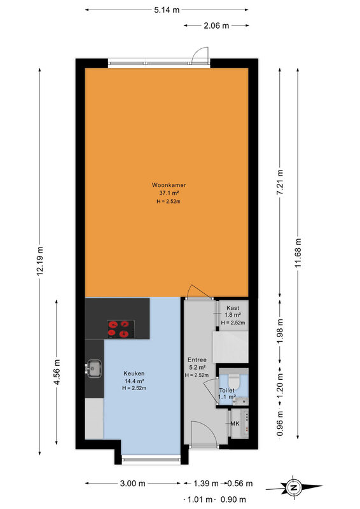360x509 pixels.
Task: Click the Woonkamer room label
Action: [169, 185]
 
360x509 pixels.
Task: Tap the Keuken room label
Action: [134, 373]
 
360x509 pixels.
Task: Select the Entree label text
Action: [197, 359]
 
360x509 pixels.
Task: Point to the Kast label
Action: [233, 308]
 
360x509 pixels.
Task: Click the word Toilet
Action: [227, 391]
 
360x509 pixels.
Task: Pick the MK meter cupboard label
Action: [235, 424]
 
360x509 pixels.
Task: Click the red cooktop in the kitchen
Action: [121, 329]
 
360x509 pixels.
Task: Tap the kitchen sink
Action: [93, 368]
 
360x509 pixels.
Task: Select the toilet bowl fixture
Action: [233, 380]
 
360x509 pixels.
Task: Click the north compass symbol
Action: [294, 487]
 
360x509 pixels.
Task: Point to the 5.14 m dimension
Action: [167, 10]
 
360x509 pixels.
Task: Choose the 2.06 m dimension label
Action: [216, 25]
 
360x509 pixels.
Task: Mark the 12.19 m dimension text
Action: [39, 261]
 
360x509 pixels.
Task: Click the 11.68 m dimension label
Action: [298, 253]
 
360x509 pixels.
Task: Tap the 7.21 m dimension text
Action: [280, 182]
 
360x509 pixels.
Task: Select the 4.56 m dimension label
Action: [57, 372]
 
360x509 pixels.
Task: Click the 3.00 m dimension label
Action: [133, 484]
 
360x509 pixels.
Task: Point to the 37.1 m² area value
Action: [169, 193]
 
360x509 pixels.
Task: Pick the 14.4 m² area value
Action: [134, 381]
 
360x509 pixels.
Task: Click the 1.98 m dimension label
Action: [280, 331]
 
